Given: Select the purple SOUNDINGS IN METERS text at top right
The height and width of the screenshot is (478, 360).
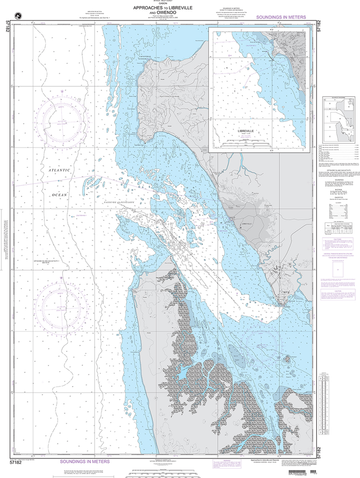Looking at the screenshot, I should pyautogui.click(x=281, y=17).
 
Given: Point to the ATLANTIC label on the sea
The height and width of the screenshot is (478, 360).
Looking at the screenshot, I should pyautogui.click(x=60, y=170).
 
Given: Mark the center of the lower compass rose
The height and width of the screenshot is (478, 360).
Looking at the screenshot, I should pyautogui.click(x=62, y=307).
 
